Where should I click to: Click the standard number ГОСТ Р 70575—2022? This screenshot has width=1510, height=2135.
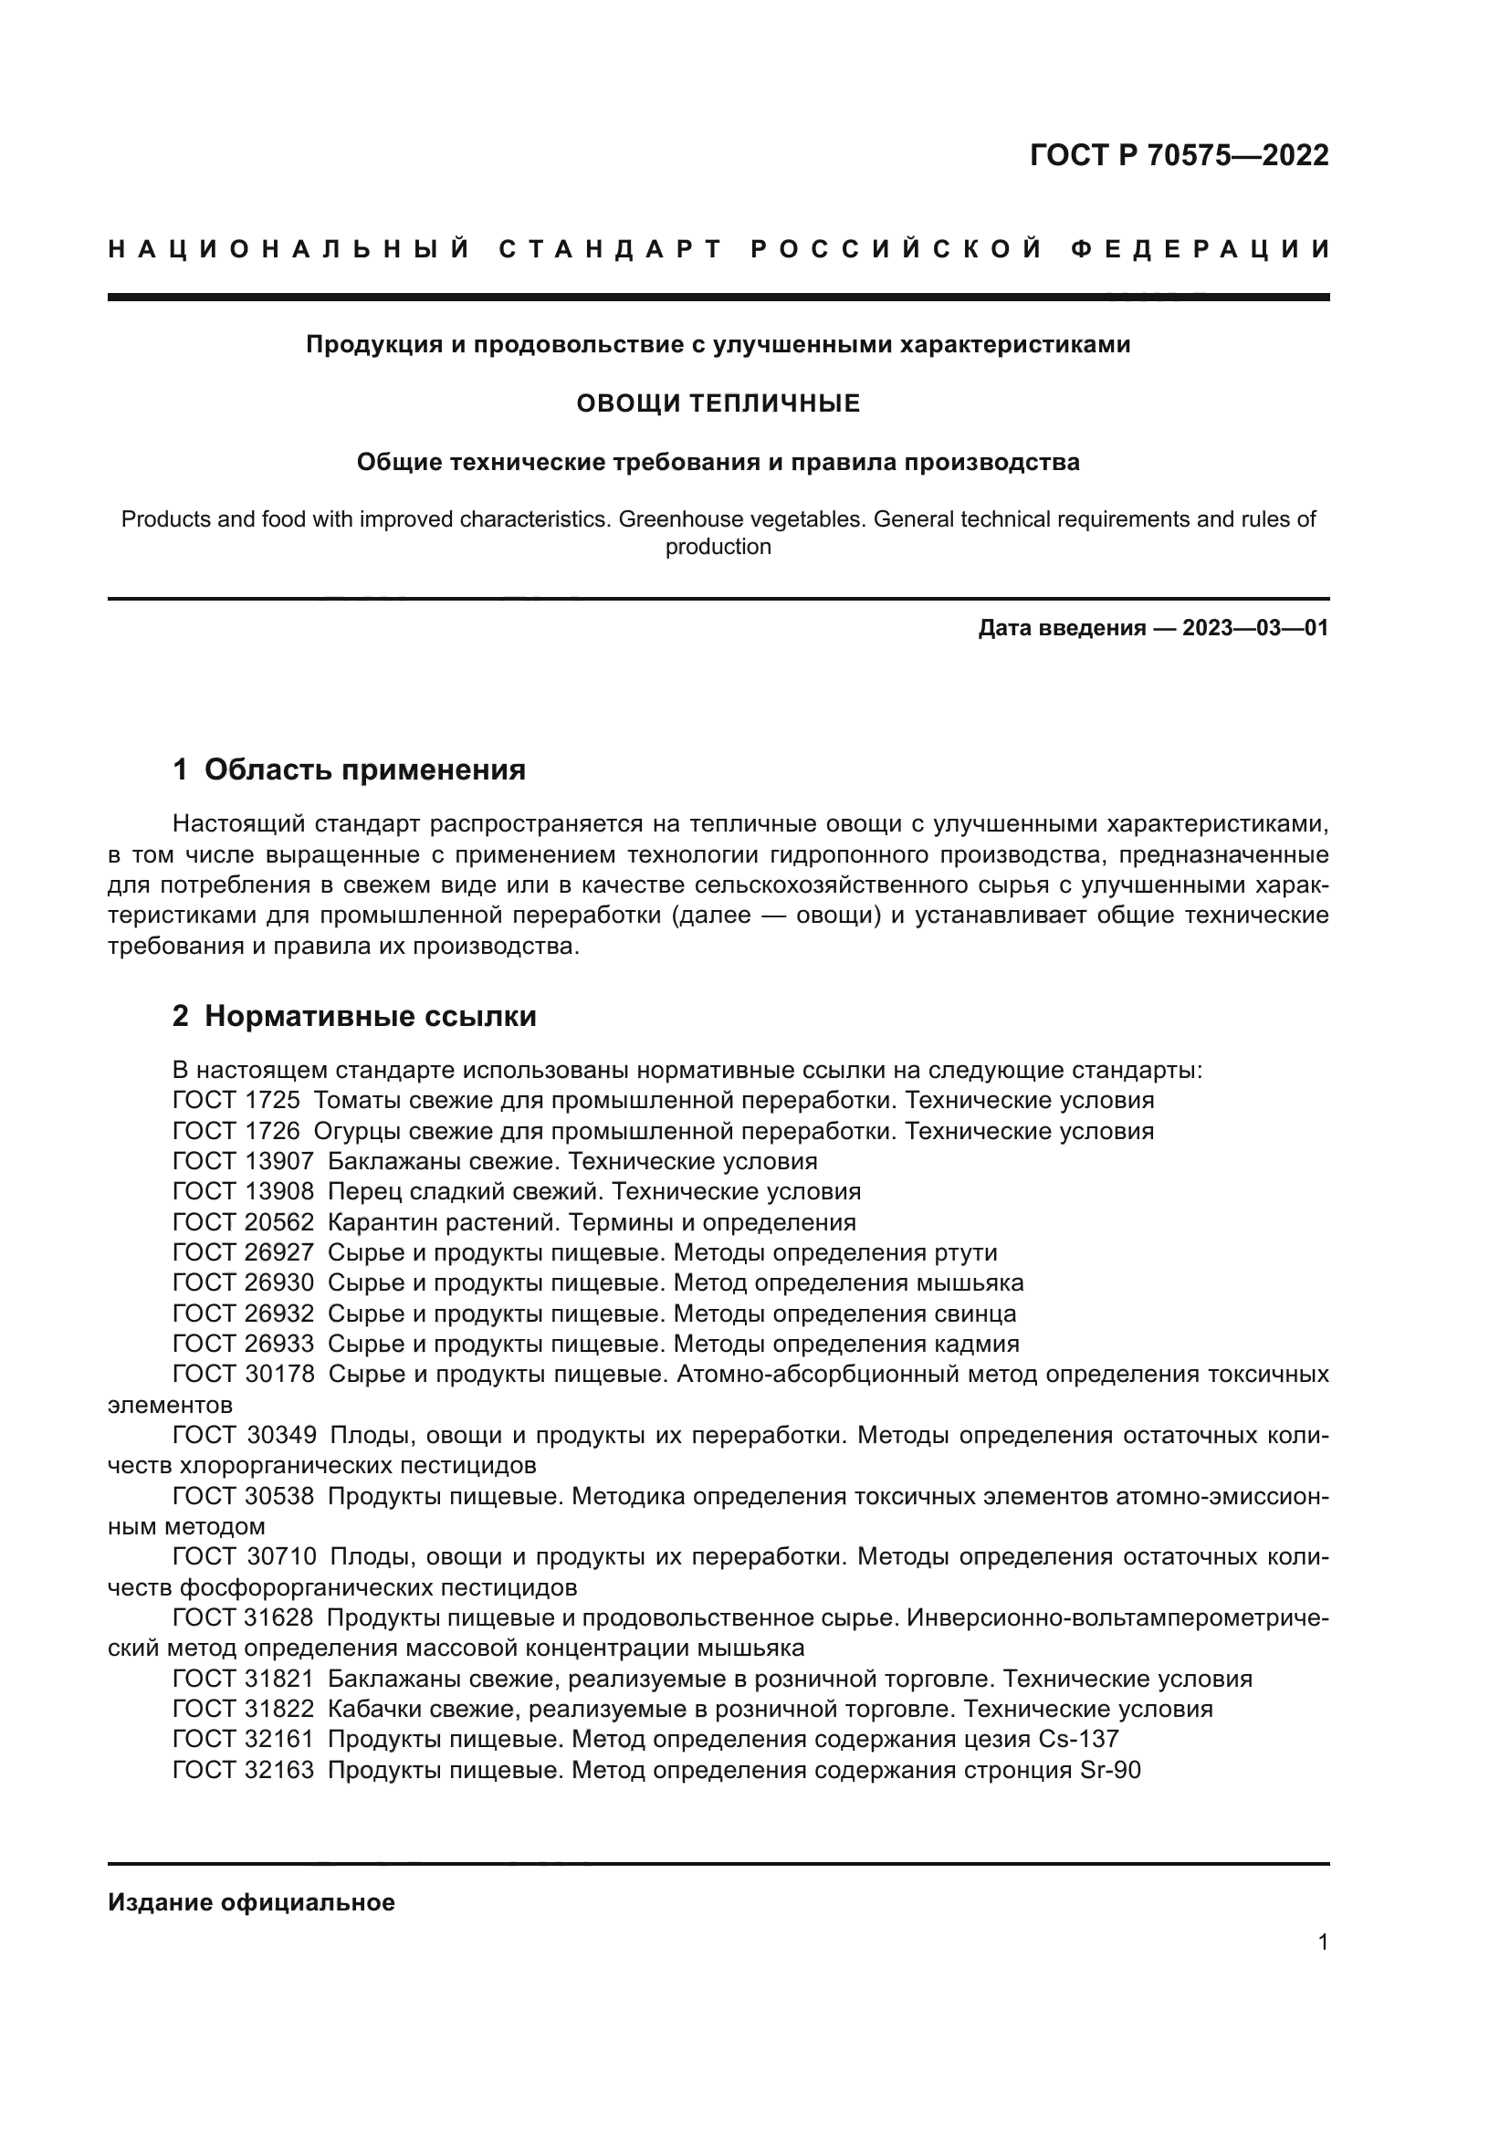pyautogui.click(x=1178, y=155)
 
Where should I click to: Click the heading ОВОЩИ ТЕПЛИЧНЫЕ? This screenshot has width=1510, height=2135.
pyautogui.click(x=718, y=403)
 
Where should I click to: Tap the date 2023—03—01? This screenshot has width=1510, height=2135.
pyautogui.click(x=1254, y=628)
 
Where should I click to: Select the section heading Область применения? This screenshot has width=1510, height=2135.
pyautogui.click(x=364, y=770)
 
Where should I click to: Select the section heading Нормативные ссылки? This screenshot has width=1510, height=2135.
pyautogui.click(x=370, y=1016)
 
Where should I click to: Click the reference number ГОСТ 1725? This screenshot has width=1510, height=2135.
pyautogui.click(x=236, y=1101)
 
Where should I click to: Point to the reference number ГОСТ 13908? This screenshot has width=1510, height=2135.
pyautogui.click(x=243, y=1192)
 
